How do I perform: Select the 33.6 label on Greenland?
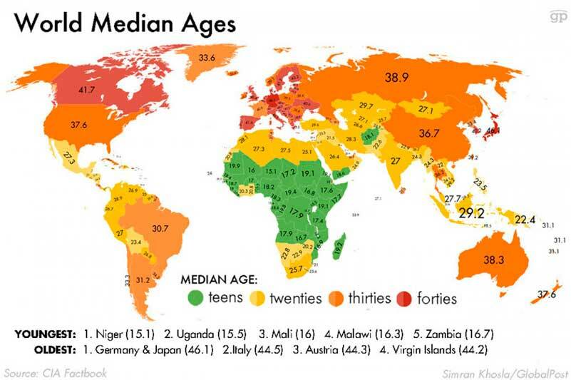[207, 58]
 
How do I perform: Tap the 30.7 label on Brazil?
[160, 229]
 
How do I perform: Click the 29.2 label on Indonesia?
[471, 212]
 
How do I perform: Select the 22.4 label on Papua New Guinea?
[525, 219]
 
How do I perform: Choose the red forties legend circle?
[406, 297]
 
